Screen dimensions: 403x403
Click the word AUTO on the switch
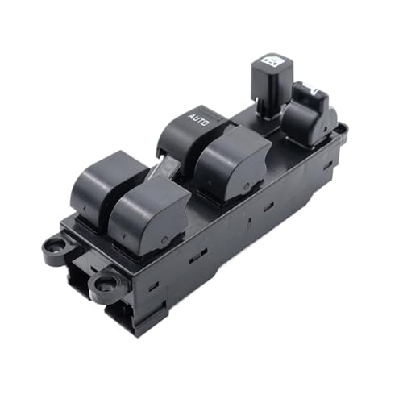point(199,120)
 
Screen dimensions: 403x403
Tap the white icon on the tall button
point(272,61)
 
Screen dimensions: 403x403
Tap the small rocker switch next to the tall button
point(309,114)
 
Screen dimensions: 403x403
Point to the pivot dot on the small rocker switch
point(326,129)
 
